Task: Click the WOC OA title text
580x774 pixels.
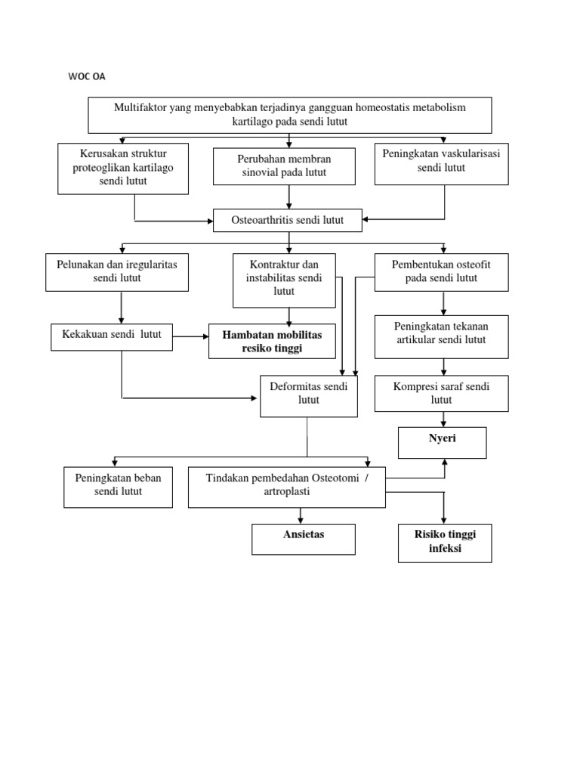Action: tap(88, 76)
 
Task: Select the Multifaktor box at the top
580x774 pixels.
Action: tap(290, 114)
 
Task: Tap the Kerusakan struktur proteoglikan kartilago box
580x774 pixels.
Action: tap(123, 167)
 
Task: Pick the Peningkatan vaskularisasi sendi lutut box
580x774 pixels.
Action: tap(442, 162)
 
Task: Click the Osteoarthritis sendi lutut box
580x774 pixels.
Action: tap(288, 221)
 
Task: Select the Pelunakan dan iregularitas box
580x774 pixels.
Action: tap(116, 272)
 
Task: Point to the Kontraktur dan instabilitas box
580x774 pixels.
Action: tap(284, 280)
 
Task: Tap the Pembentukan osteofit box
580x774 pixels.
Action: tap(442, 272)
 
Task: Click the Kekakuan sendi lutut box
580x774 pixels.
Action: tap(112, 336)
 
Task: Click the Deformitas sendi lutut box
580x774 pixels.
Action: tap(309, 395)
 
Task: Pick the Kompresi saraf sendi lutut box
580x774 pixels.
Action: tap(442, 393)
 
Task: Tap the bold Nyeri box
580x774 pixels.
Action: tap(443, 442)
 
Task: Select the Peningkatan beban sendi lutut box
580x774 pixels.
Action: tap(118, 486)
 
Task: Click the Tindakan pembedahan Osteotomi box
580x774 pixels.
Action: tap(286, 486)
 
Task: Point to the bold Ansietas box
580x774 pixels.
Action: tap(303, 539)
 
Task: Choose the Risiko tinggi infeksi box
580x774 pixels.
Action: tap(445, 543)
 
